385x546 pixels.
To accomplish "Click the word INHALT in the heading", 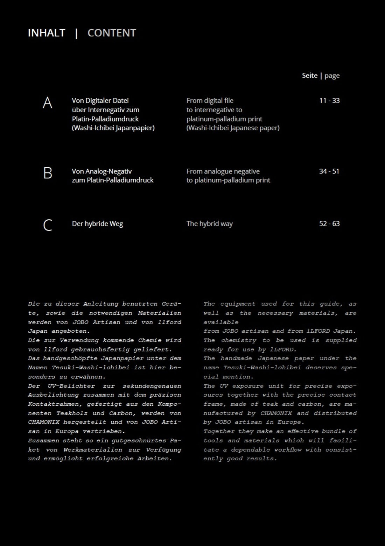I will pyautogui.click(x=47, y=33).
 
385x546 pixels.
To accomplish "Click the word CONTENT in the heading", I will pyautogui.click(x=112, y=33).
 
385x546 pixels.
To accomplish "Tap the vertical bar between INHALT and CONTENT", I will pyautogui.click(x=76, y=33).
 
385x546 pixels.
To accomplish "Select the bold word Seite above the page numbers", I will pyautogui.click(x=310, y=76).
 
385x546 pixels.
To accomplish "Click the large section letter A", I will pyautogui.click(x=47, y=103).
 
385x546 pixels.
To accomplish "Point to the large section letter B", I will pyautogui.click(x=48, y=173).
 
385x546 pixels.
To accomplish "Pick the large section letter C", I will pyautogui.click(x=48, y=225).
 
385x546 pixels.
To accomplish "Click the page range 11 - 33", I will pyautogui.click(x=329, y=101).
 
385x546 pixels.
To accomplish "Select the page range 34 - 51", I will pyautogui.click(x=329, y=171).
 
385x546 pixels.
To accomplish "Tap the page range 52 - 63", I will pyautogui.click(x=329, y=224).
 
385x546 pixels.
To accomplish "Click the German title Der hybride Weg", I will pyautogui.click(x=97, y=224).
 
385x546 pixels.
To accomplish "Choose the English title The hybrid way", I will pyautogui.click(x=209, y=224).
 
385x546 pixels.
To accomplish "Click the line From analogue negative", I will pyautogui.click(x=223, y=171).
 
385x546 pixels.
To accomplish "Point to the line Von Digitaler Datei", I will pyautogui.click(x=100, y=101).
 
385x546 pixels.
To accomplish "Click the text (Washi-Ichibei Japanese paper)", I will pyautogui.click(x=233, y=128).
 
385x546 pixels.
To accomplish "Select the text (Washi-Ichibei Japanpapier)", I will pyautogui.click(x=113, y=128).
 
